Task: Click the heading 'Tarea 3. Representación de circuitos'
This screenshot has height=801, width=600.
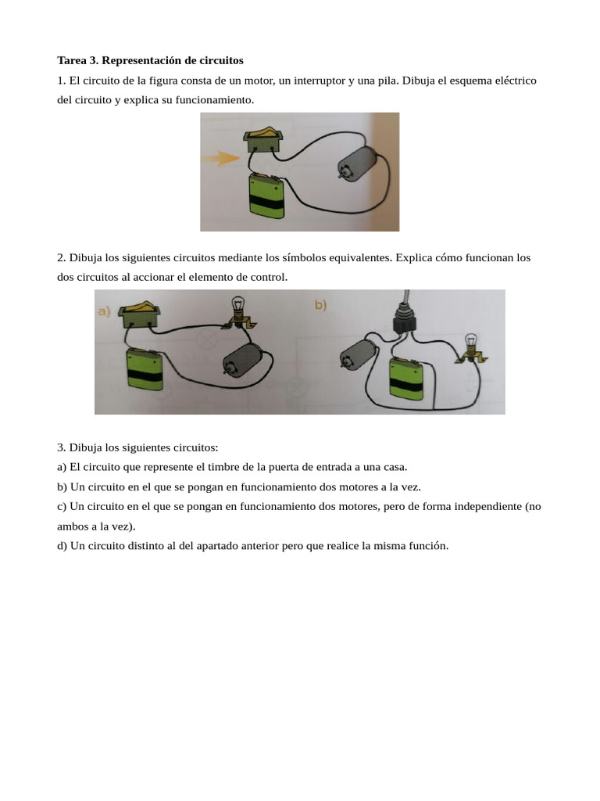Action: (x=150, y=60)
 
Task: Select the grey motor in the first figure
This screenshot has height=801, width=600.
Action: (x=358, y=164)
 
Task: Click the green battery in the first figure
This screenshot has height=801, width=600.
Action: (x=266, y=199)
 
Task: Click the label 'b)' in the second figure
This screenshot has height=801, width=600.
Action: (x=321, y=305)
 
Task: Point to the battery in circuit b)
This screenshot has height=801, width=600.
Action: (x=409, y=380)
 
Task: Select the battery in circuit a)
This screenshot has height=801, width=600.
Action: (x=145, y=369)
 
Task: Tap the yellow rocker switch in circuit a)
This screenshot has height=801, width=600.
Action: (x=139, y=313)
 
